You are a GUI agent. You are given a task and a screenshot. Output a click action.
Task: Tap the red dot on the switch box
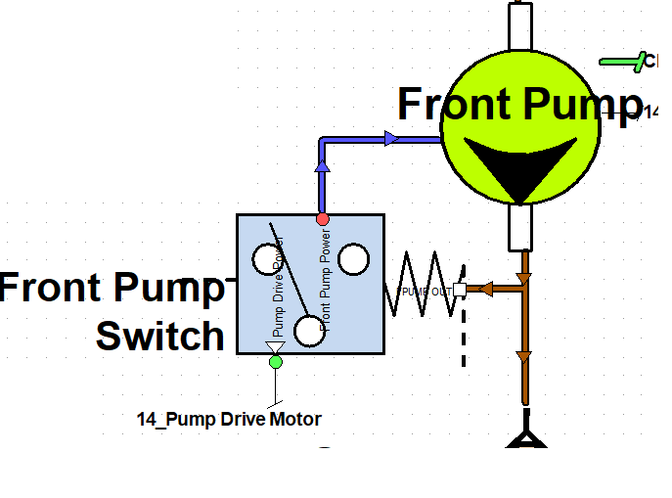pos(323,218)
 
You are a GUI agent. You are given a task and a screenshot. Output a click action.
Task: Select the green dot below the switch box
pos(275,362)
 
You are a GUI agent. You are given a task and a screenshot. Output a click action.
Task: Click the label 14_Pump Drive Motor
pos(229,420)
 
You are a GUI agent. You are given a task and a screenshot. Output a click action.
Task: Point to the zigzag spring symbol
pos(423,285)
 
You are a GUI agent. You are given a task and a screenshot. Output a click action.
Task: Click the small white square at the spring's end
pos(460,290)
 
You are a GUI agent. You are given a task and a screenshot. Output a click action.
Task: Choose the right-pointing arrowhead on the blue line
pos(392,139)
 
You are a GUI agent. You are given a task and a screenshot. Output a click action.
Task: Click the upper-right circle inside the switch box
pos(353,258)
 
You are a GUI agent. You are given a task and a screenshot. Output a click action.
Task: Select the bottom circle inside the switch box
pos(310,332)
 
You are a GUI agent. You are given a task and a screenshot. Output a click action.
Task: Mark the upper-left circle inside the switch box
pos(266,258)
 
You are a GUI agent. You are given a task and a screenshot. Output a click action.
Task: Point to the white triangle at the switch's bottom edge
pos(275,347)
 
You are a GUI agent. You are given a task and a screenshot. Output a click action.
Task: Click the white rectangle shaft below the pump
pos(519,227)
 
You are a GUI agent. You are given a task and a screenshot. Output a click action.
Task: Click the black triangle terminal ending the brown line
pos(525,439)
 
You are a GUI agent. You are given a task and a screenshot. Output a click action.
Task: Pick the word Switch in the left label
pos(160,337)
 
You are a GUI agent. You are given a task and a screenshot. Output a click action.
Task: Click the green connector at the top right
pos(627,62)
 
